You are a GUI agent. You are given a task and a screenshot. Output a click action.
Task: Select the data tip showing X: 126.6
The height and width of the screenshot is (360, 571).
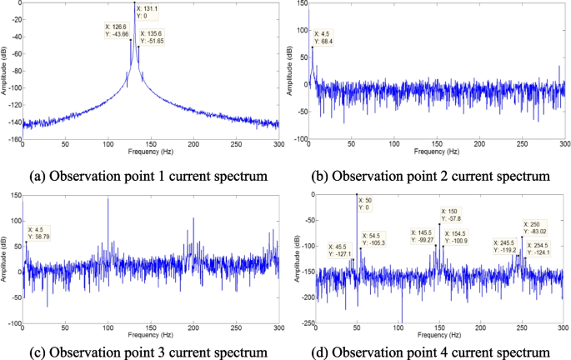[118, 30]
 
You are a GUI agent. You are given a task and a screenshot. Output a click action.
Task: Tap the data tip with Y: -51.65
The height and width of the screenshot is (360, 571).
[152, 37]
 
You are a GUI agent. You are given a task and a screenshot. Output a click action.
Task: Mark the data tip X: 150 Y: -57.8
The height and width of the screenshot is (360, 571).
[454, 215]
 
